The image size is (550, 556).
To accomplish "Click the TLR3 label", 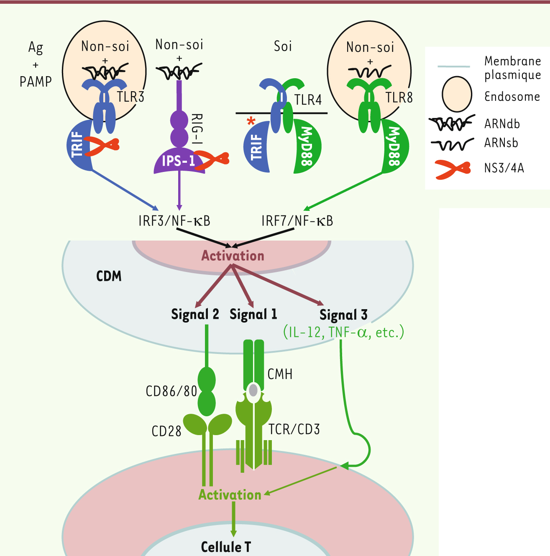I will (130, 97).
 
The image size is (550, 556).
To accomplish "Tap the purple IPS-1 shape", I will (178, 161).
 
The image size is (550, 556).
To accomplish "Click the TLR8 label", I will (399, 97).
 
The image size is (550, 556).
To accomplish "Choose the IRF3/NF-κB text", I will (174, 220).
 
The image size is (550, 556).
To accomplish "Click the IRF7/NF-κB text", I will (297, 220).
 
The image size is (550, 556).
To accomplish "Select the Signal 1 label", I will (253, 314).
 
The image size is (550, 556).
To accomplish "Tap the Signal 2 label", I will (195, 314).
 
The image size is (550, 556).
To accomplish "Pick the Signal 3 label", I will (343, 315).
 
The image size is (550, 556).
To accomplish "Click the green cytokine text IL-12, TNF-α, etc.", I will (344, 332).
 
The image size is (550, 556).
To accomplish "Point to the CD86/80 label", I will (171, 391).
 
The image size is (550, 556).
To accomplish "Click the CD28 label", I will (166, 431).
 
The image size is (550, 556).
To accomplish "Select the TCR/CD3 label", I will (294, 429).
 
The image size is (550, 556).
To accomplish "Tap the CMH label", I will (280, 374).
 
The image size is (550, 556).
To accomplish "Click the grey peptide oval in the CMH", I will (253, 390).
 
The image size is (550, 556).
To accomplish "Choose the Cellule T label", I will (226, 547).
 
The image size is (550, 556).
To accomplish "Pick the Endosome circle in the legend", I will (457, 94).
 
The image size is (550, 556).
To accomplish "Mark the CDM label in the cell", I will (109, 276).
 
